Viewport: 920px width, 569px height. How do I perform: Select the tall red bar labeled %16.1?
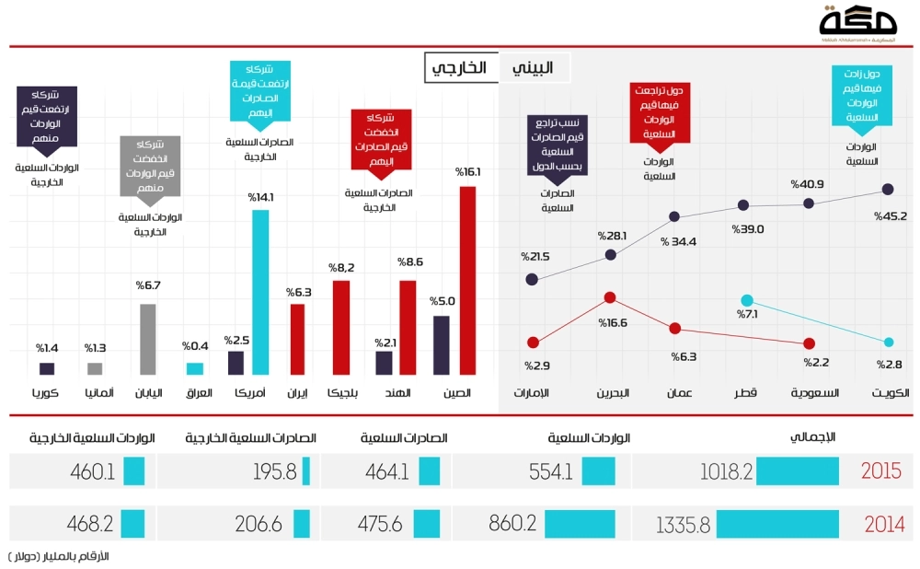[x=467, y=280]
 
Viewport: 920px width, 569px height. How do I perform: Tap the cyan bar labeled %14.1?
[x=260, y=292]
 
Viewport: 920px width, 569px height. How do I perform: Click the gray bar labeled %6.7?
[x=147, y=339]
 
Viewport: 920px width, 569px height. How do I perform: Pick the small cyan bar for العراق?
[x=195, y=368]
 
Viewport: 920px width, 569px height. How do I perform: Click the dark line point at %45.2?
[x=888, y=190]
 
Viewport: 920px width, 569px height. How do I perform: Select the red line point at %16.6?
[x=609, y=298]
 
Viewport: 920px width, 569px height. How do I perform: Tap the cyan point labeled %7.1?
[x=747, y=300]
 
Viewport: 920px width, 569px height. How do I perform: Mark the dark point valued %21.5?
[x=532, y=279]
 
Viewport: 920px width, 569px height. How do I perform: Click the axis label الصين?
[x=457, y=394]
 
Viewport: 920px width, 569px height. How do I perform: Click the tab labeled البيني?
[x=534, y=68]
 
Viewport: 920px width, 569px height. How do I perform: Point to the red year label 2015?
[x=880, y=471]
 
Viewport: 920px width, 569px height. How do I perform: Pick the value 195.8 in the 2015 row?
[x=273, y=471]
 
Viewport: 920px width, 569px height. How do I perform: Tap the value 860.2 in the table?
[x=508, y=525]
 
